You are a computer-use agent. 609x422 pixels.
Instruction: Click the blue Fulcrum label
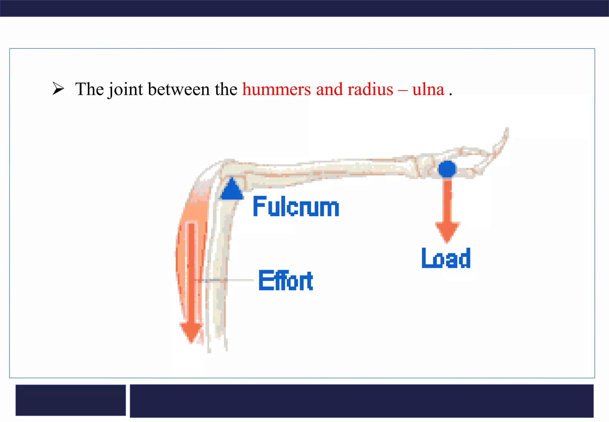pos(296,207)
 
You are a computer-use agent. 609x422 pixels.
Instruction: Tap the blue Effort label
pos(286,280)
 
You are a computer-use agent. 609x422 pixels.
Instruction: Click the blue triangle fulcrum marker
pos(232,190)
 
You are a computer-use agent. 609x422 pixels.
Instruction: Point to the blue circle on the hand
pos(447,169)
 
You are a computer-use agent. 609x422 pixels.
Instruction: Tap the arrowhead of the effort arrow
pos(191,332)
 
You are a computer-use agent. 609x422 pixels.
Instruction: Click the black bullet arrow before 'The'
pos(58,89)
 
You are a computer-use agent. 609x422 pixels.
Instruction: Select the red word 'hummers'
pos(276,89)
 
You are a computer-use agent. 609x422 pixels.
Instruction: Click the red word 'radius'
pos(370,89)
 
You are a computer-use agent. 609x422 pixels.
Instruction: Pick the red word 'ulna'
pos(428,89)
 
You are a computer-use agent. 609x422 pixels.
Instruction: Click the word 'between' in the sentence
pos(178,89)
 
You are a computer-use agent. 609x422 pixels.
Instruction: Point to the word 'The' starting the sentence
pos(89,89)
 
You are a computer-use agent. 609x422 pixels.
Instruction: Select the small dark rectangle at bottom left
pos(70,400)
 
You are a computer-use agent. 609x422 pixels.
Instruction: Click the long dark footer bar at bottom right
pos(361,401)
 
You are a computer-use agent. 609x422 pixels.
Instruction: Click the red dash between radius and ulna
pos(403,90)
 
